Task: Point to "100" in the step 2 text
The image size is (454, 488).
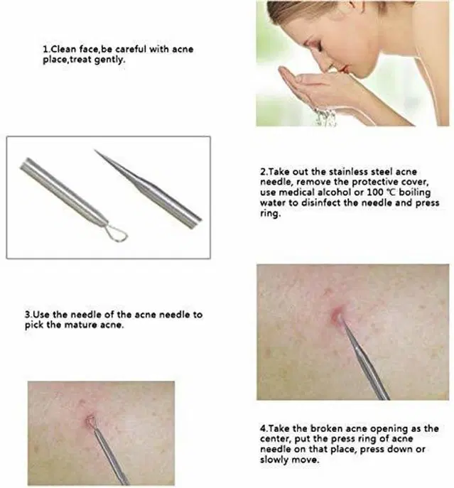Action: (376, 193)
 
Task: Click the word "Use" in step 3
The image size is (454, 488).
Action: (40, 315)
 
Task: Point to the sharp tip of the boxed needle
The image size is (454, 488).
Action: (94, 150)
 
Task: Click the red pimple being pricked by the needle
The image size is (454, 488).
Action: (336, 314)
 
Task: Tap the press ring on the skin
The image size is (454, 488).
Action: (90, 421)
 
